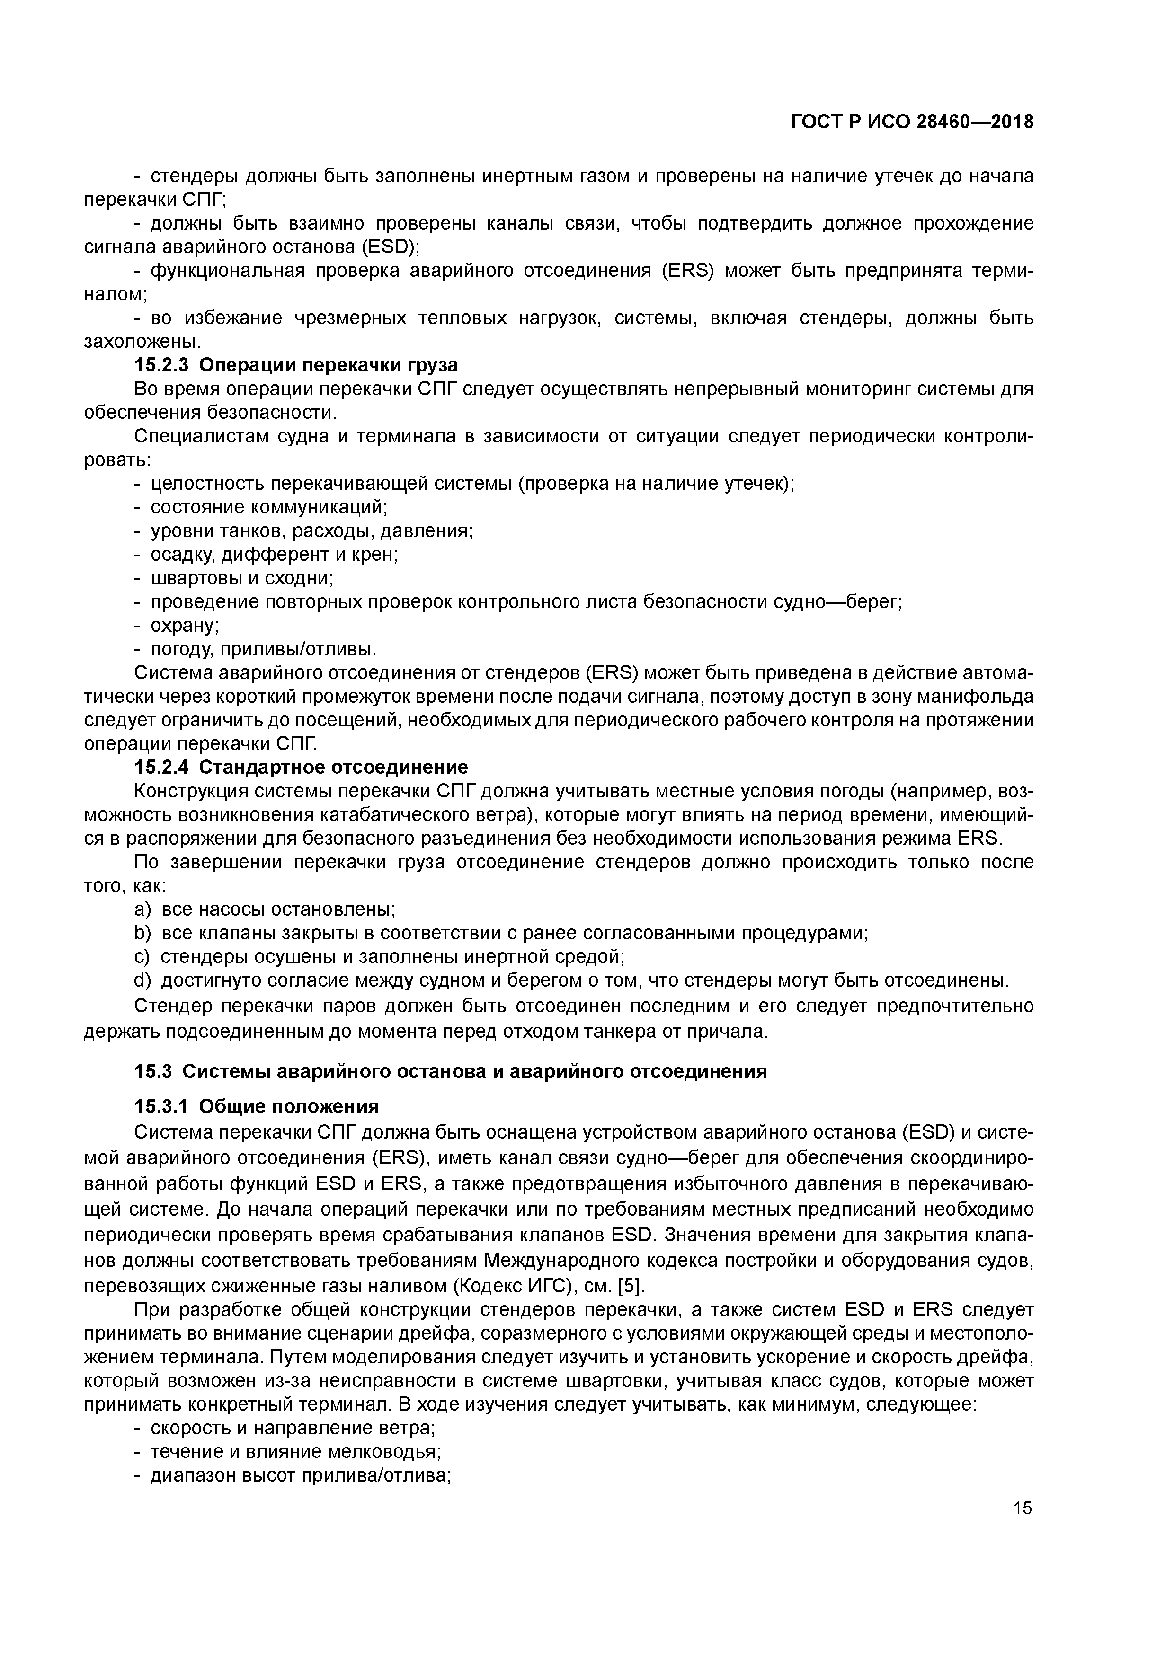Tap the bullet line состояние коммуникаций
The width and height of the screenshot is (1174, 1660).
268,507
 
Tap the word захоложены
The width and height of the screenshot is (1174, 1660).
142,341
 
